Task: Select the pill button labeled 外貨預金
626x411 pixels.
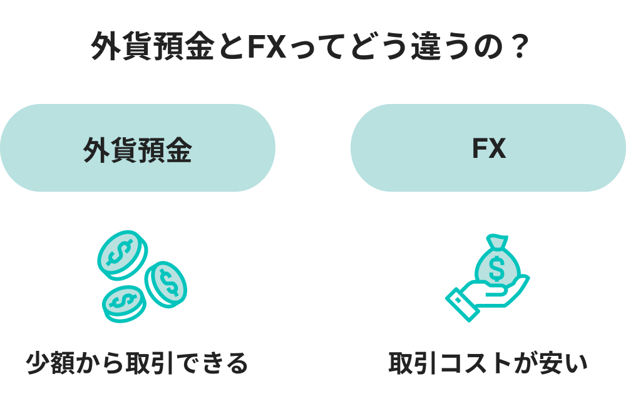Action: point(137,148)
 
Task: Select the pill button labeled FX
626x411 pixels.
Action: point(488,148)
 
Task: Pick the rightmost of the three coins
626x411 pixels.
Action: point(167,283)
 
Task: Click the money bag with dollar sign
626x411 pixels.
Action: point(496,264)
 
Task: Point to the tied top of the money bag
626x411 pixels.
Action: point(497,242)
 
